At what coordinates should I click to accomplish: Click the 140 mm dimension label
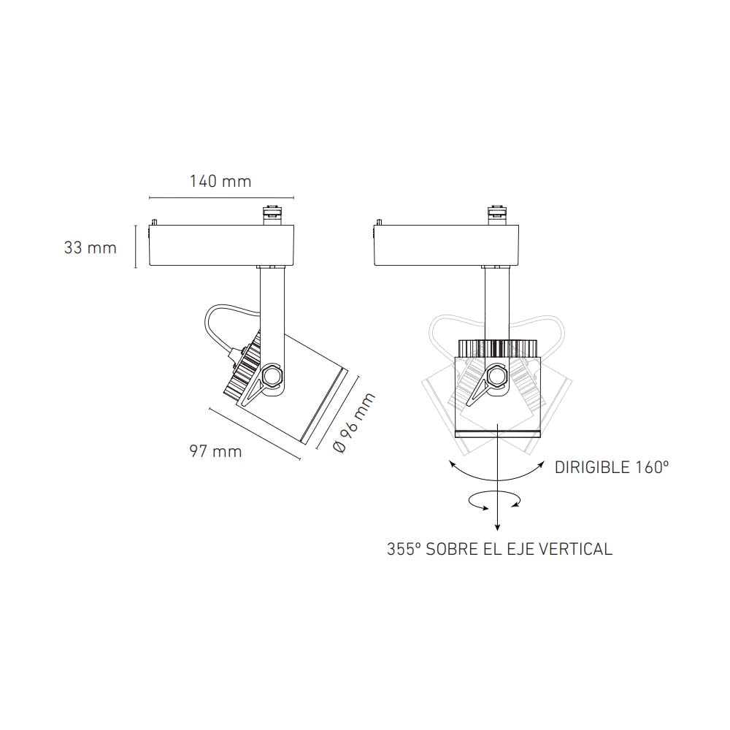(220, 181)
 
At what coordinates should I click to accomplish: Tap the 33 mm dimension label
(90, 247)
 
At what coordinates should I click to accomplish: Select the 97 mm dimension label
(215, 451)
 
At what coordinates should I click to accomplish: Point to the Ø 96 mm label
(353, 423)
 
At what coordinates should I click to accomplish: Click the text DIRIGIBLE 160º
(612, 467)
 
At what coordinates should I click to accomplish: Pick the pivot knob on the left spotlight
(273, 377)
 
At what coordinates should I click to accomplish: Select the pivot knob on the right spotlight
(497, 377)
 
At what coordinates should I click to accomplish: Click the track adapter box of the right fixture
(447, 246)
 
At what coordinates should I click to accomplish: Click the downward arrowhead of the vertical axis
(497, 526)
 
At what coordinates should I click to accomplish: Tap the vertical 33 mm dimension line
(136, 247)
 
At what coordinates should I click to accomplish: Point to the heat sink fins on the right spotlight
(497, 347)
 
